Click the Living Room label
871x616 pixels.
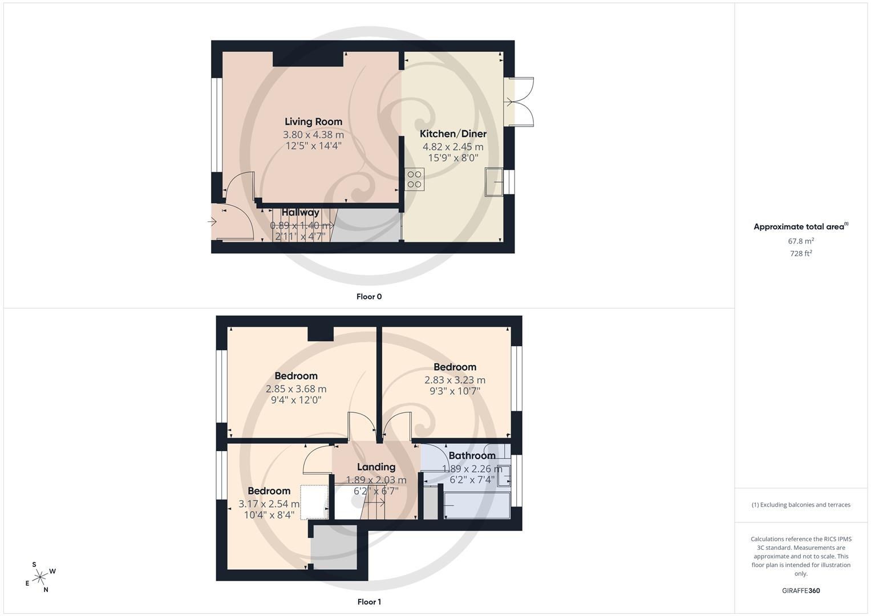click(x=313, y=121)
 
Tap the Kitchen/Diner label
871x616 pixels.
click(x=453, y=134)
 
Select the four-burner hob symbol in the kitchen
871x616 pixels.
click(x=415, y=179)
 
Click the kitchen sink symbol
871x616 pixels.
click(x=494, y=181)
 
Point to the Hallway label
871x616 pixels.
click(x=300, y=212)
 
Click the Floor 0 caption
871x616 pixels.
click(x=369, y=297)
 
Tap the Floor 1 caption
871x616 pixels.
click(x=369, y=602)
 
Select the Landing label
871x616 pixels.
click(x=376, y=467)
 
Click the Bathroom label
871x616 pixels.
click(x=472, y=455)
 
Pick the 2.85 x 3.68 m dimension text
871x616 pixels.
click(x=296, y=389)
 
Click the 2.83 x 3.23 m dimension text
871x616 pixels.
click(x=455, y=380)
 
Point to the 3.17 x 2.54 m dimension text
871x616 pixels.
click(x=269, y=504)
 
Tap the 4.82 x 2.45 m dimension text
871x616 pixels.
click(x=453, y=147)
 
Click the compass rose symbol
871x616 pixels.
click(x=40, y=577)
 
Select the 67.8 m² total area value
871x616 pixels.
click(x=801, y=241)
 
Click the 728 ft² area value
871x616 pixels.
click(x=801, y=254)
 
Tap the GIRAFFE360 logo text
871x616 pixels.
click(x=801, y=591)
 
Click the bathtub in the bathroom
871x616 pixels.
click(x=477, y=505)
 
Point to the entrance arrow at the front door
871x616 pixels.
click(x=212, y=222)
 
